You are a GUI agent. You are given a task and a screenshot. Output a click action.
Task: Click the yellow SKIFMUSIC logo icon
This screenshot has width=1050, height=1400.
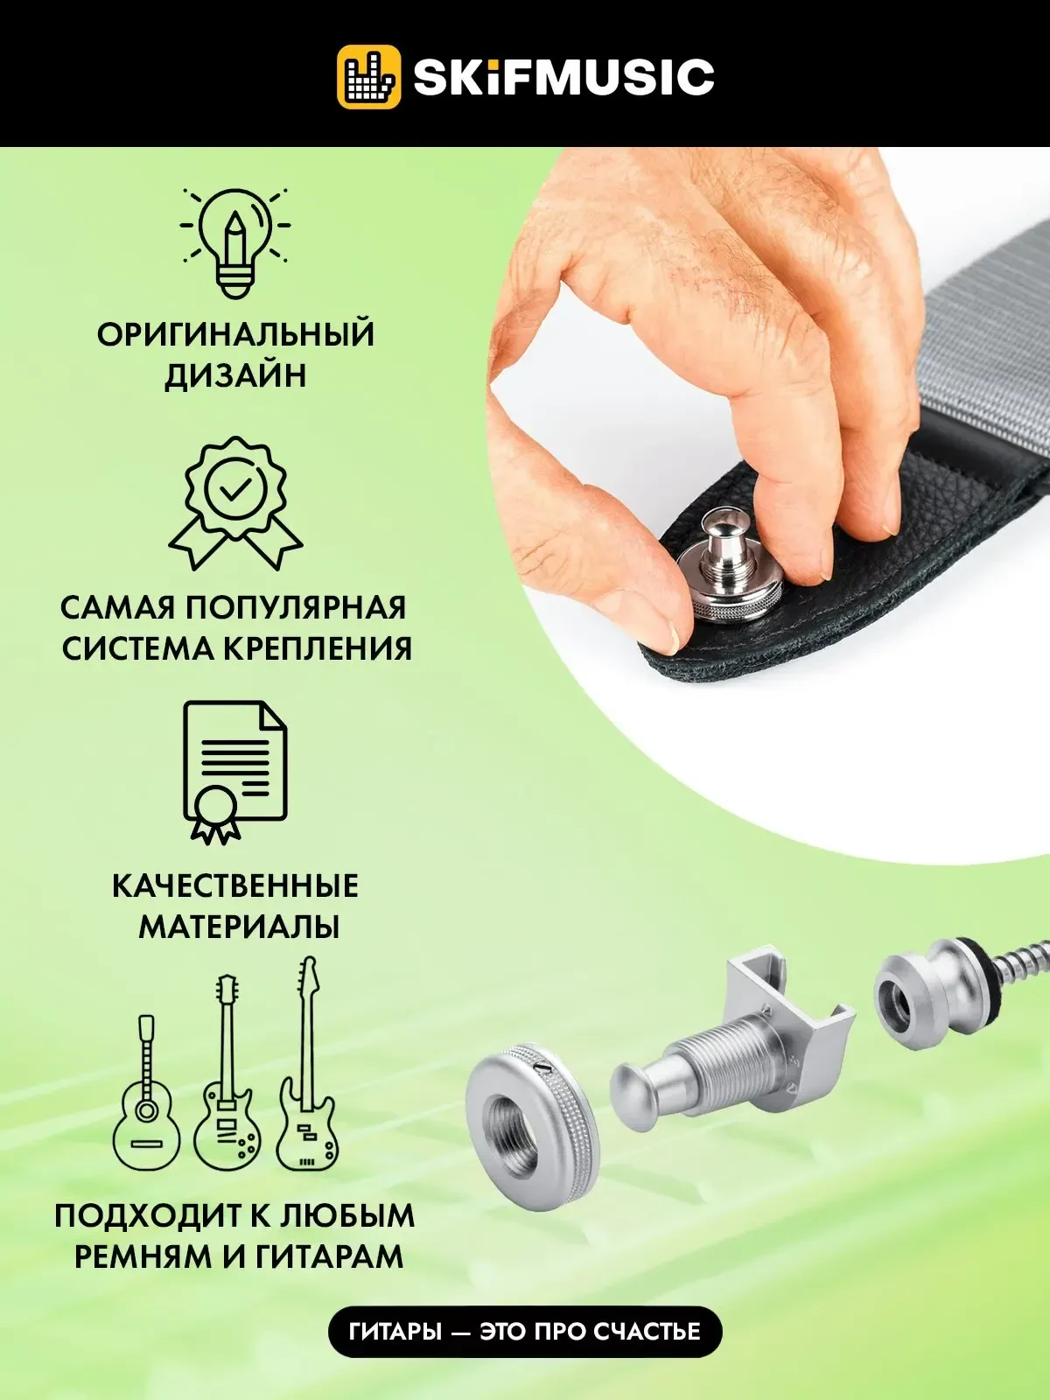368,77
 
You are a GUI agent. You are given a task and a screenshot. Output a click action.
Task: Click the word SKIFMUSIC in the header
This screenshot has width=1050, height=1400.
563,77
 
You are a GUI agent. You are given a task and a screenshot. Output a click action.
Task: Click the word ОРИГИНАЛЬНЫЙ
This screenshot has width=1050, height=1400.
235,335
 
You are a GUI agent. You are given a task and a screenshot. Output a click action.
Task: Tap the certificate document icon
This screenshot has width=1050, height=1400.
234,770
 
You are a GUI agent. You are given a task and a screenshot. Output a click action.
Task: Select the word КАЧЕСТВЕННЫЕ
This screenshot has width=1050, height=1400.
235,885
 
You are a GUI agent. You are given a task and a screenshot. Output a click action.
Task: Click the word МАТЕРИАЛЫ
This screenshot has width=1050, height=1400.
238,927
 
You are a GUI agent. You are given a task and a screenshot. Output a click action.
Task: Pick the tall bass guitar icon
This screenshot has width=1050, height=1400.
307,1067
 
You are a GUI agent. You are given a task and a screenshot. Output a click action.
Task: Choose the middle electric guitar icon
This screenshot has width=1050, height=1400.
227,1076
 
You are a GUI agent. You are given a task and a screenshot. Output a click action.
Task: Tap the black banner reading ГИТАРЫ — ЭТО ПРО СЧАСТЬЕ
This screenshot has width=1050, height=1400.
525,1332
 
